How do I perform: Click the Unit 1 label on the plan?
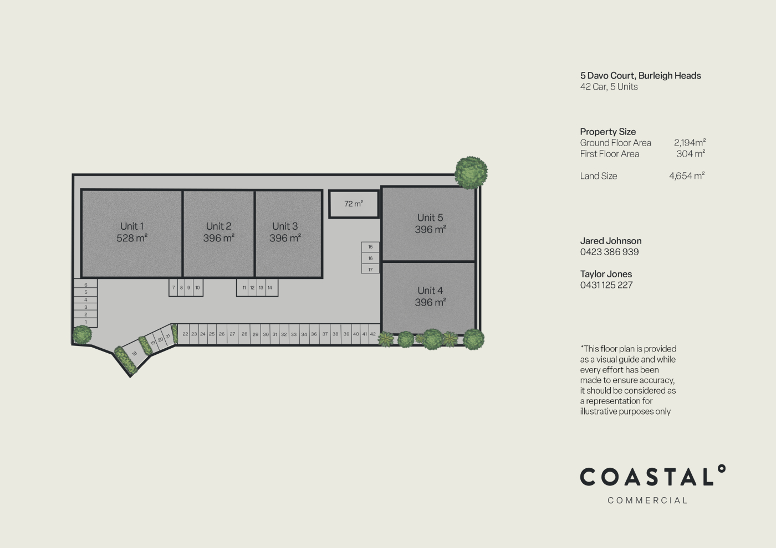(132, 226)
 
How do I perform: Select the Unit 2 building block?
(218, 234)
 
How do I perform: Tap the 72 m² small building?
(354, 204)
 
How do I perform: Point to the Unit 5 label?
(430, 218)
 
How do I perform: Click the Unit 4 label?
(430, 290)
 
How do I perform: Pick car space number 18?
(134, 354)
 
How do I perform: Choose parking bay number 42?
(373, 334)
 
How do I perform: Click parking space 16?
(370, 258)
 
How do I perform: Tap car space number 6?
(85, 285)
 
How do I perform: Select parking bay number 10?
(197, 287)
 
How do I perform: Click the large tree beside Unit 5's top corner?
(471, 173)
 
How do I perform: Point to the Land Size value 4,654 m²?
(687, 176)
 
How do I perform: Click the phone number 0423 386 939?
(609, 252)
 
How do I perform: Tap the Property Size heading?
(608, 132)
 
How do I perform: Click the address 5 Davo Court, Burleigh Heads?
(641, 75)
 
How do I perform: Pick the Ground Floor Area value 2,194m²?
(690, 143)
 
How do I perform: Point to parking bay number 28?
(244, 334)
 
